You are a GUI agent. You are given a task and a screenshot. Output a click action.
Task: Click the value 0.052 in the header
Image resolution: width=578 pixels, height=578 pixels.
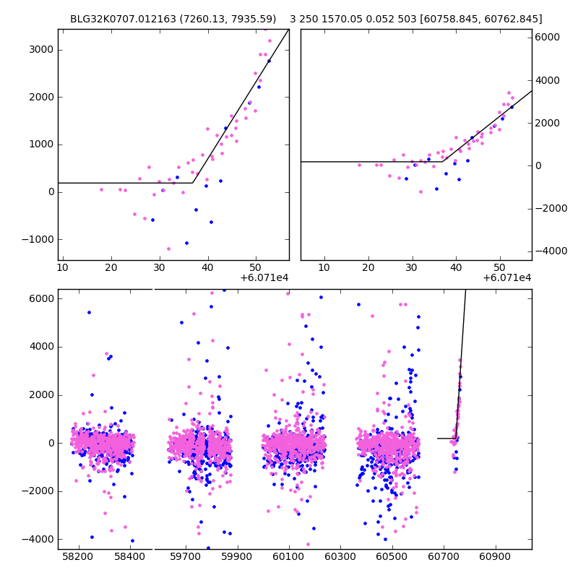tap(390, 19)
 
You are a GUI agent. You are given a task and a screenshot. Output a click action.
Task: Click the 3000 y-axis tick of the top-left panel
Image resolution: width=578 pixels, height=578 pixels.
tap(41, 50)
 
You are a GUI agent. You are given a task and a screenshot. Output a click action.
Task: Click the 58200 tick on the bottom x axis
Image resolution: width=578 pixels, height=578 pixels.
tap(78, 558)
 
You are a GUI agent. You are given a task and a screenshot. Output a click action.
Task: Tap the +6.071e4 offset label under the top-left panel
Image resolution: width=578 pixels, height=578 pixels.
tap(264, 277)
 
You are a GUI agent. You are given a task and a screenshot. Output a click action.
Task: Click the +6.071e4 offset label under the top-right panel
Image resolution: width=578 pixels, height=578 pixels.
tap(507, 277)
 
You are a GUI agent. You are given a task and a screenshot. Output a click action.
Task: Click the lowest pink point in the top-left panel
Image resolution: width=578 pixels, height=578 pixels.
tap(168, 249)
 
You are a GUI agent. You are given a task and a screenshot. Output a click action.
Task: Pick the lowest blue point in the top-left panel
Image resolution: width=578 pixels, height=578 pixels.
tap(186, 243)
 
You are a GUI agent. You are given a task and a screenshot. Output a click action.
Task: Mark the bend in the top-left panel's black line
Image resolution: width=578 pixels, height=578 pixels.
tap(192, 183)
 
